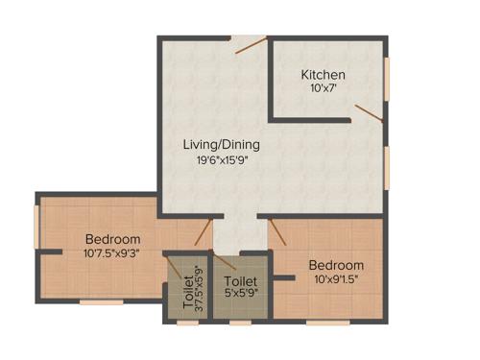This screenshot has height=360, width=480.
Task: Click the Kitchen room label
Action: pyautogui.click(x=323, y=75)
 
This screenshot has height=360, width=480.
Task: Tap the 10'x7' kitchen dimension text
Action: pyautogui.click(x=323, y=88)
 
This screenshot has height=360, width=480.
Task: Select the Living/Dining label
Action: pyautogui.click(x=222, y=145)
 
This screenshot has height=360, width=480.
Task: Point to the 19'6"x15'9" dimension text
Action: pyautogui.click(x=222, y=160)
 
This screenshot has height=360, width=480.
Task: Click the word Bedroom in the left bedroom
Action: pyautogui.click(x=112, y=239)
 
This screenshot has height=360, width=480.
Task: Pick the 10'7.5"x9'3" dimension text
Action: pyautogui.click(x=112, y=254)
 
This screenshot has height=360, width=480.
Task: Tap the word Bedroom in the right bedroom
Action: pyautogui.click(x=336, y=265)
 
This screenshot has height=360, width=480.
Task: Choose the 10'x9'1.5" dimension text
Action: pyautogui.click(x=336, y=279)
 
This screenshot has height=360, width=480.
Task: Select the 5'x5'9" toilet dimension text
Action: pyautogui.click(x=239, y=293)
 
